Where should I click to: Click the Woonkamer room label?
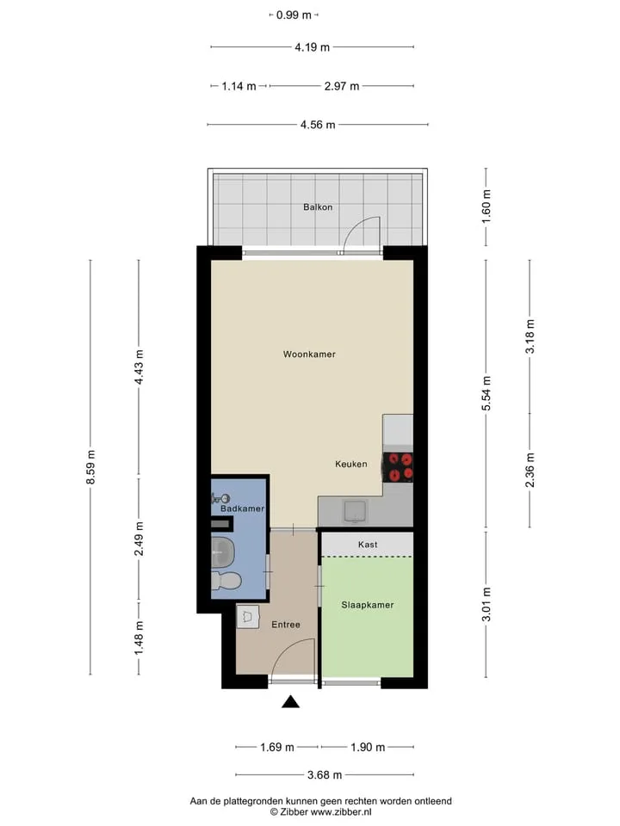point(309,354)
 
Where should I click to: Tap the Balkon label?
point(318,207)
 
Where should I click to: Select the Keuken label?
point(351,464)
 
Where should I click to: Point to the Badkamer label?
point(243,509)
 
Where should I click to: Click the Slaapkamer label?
point(368,605)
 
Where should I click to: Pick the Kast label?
point(368,544)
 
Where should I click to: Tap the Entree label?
point(286,625)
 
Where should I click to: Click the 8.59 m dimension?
point(90,467)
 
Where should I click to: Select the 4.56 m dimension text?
point(318,125)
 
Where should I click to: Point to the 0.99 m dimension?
point(294,15)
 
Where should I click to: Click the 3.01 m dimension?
point(486,604)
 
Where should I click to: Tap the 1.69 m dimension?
point(277,747)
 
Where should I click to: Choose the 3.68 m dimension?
point(325,775)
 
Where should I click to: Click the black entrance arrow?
point(290,702)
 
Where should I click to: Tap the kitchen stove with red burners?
point(398,467)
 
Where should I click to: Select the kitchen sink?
point(356,511)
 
